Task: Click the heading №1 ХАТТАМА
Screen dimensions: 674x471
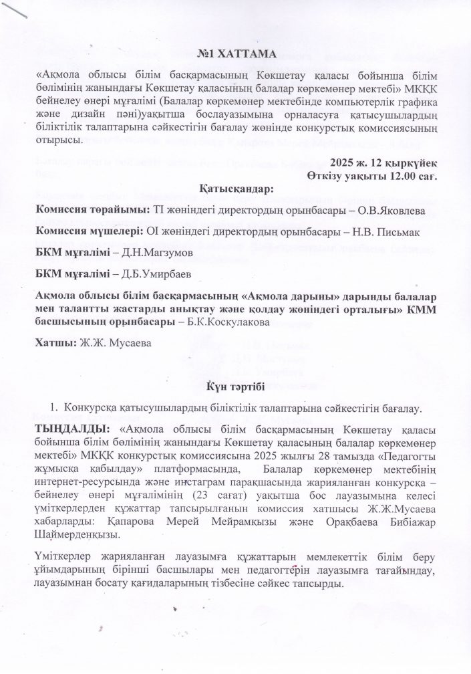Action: (x=235, y=53)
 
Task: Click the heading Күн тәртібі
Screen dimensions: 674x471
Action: (x=235, y=386)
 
